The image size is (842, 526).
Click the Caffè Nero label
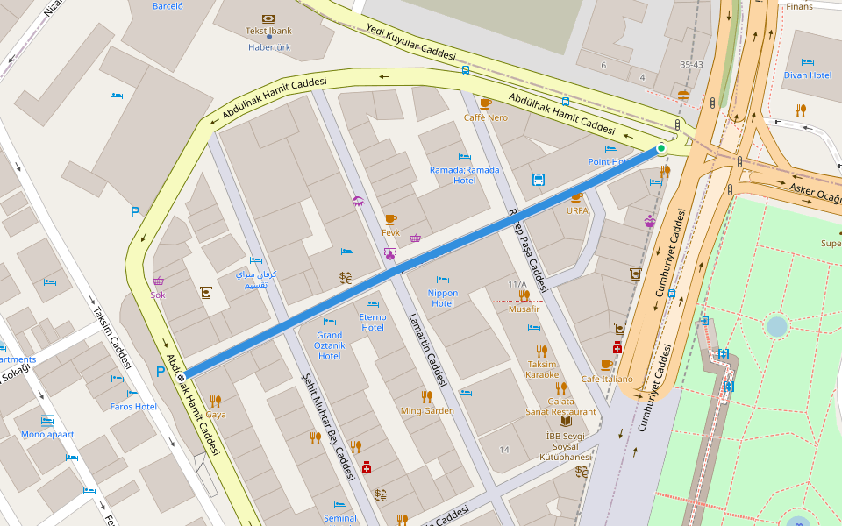(485, 117)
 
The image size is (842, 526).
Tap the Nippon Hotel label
(443, 298)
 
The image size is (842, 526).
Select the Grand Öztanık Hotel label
(329, 345)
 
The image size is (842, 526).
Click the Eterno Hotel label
(373, 323)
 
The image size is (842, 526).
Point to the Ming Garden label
(427, 410)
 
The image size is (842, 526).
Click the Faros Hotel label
(133, 407)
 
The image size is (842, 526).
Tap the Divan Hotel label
(808, 75)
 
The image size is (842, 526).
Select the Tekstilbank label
(268, 31)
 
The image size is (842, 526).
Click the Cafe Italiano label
(606, 379)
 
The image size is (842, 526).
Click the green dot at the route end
(661, 148)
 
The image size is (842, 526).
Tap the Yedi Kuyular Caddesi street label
(411, 41)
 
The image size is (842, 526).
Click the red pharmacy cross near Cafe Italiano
(617, 348)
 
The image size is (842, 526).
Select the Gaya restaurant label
(216, 414)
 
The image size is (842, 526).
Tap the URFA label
(577, 210)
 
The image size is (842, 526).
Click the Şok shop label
(158, 295)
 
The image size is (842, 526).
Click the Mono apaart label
(47, 434)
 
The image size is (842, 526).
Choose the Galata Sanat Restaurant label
(560, 406)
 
